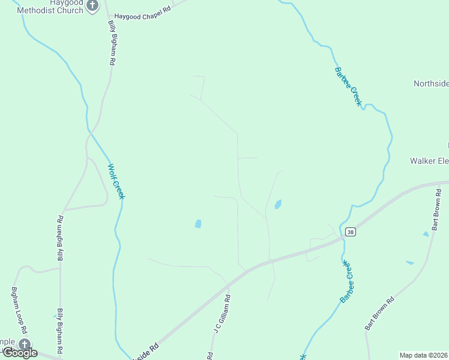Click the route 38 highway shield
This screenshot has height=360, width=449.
[x=351, y=232]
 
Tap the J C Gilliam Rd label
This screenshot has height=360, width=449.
[x=220, y=314]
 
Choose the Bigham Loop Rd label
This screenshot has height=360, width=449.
[x=19, y=310]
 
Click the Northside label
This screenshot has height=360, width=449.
[x=431, y=83]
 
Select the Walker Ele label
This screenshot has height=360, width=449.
[x=429, y=161]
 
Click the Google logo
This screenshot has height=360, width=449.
[x=20, y=353]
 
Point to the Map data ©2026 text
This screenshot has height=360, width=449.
[x=424, y=355]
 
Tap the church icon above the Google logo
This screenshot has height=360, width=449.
[x=24, y=344]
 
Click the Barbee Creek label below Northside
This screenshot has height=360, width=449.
[x=348, y=86]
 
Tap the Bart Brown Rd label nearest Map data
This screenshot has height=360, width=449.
[x=379, y=313]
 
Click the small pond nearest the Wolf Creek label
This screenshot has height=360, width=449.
[x=198, y=224]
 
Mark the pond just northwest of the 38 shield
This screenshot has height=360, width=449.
[x=278, y=205]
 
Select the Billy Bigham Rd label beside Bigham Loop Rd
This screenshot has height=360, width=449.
[x=60, y=331]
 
